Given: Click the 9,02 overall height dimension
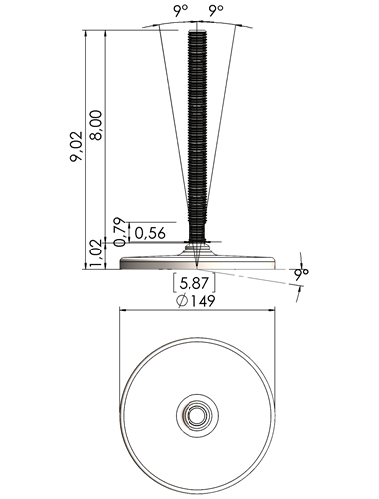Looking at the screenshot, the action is (x=76, y=147).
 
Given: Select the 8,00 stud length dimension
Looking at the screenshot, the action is (x=97, y=125).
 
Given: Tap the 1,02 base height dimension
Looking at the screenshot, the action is (x=96, y=253).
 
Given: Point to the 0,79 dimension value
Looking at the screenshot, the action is (x=120, y=232).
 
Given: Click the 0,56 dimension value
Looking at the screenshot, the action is (x=150, y=233).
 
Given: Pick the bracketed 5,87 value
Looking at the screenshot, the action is (x=194, y=283).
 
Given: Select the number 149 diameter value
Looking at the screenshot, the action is (x=202, y=301).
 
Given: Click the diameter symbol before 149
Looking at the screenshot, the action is (x=182, y=301).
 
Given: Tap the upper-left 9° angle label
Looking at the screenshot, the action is (x=180, y=11).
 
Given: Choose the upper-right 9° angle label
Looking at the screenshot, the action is (x=216, y=11).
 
